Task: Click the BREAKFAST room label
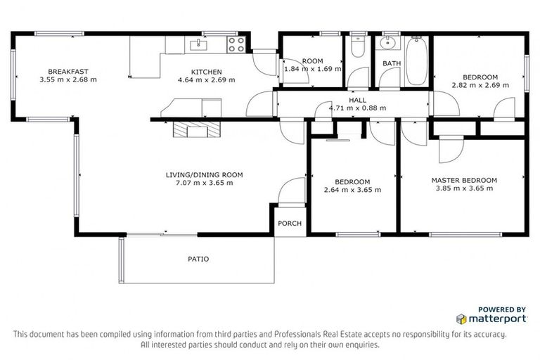pos(68,71)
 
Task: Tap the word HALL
pos(357,101)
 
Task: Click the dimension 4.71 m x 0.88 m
pos(357,109)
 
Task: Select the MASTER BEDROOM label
pos(464,180)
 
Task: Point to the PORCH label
pos(290,224)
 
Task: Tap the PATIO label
pos(198,259)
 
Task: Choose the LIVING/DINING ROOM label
pos(199,174)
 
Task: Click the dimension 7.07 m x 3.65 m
pos(199,183)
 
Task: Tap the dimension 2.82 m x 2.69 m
pos(480,85)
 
